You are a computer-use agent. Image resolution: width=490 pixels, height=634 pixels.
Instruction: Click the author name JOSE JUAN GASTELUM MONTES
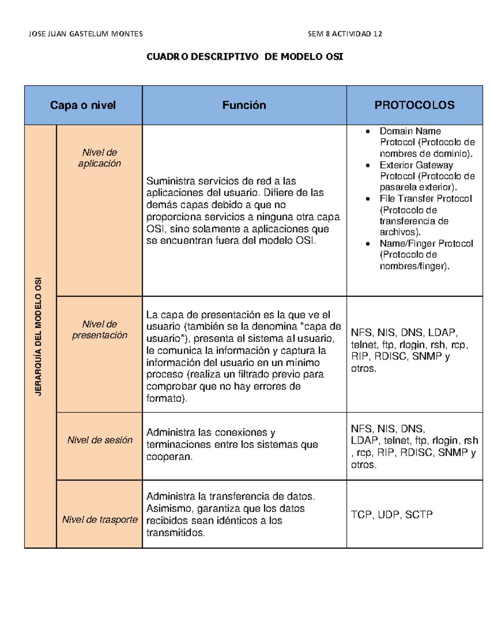(x=85, y=34)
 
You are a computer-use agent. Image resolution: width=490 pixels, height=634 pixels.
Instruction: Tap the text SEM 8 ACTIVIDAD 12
(x=345, y=34)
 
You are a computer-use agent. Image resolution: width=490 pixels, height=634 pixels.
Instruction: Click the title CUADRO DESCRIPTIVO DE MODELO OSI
(x=245, y=57)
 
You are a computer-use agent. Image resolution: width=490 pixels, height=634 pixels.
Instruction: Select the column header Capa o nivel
(x=83, y=105)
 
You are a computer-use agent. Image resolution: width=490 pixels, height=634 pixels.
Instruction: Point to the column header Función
(x=244, y=105)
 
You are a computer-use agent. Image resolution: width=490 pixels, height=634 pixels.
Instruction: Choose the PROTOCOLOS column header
(x=414, y=105)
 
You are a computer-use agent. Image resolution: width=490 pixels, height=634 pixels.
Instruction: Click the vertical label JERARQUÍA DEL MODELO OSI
(x=39, y=336)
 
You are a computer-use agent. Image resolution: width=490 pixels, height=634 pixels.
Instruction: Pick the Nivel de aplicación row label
(x=100, y=158)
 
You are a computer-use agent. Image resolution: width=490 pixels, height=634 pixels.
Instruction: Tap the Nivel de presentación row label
(x=100, y=329)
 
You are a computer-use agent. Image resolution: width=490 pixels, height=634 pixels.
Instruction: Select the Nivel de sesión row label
(x=100, y=440)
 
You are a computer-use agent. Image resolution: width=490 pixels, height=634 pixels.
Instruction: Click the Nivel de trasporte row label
(x=100, y=520)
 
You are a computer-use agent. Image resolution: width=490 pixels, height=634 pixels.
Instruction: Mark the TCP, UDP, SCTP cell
(x=392, y=515)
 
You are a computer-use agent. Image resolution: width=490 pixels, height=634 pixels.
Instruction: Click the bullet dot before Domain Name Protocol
(x=368, y=131)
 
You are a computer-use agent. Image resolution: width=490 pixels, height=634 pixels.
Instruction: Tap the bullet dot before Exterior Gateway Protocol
(x=368, y=165)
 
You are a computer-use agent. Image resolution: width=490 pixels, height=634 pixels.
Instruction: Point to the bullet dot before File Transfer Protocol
(x=368, y=199)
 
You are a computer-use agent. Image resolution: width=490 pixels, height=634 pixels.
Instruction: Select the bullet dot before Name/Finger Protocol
(x=368, y=244)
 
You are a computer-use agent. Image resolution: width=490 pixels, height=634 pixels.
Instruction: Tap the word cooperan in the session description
(x=168, y=457)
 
